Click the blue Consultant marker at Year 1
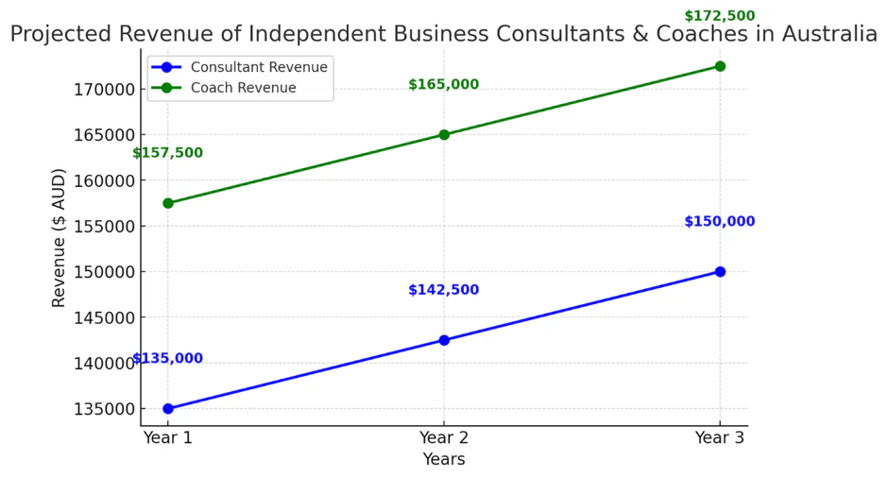pos(168,409)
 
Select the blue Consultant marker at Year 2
pos(444,340)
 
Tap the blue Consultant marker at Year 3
pos(720,271)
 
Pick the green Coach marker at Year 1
pos(168,203)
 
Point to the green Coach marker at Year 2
pos(444,134)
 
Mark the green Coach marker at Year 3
pos(720,66)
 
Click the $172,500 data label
pos(720,16)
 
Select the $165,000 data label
pos(444,85)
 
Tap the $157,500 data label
pos(167,153)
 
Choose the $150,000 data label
pos(720,222)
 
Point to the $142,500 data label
pos(444,290)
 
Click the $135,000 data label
pos(167,359)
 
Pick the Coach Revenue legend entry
pos(243,88)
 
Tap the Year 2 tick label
pos(444,437)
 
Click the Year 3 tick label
pos(720,437)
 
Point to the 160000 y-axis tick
pos(105,180)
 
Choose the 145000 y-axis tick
pos(105,317)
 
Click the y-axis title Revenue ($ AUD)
pos(60,237)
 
